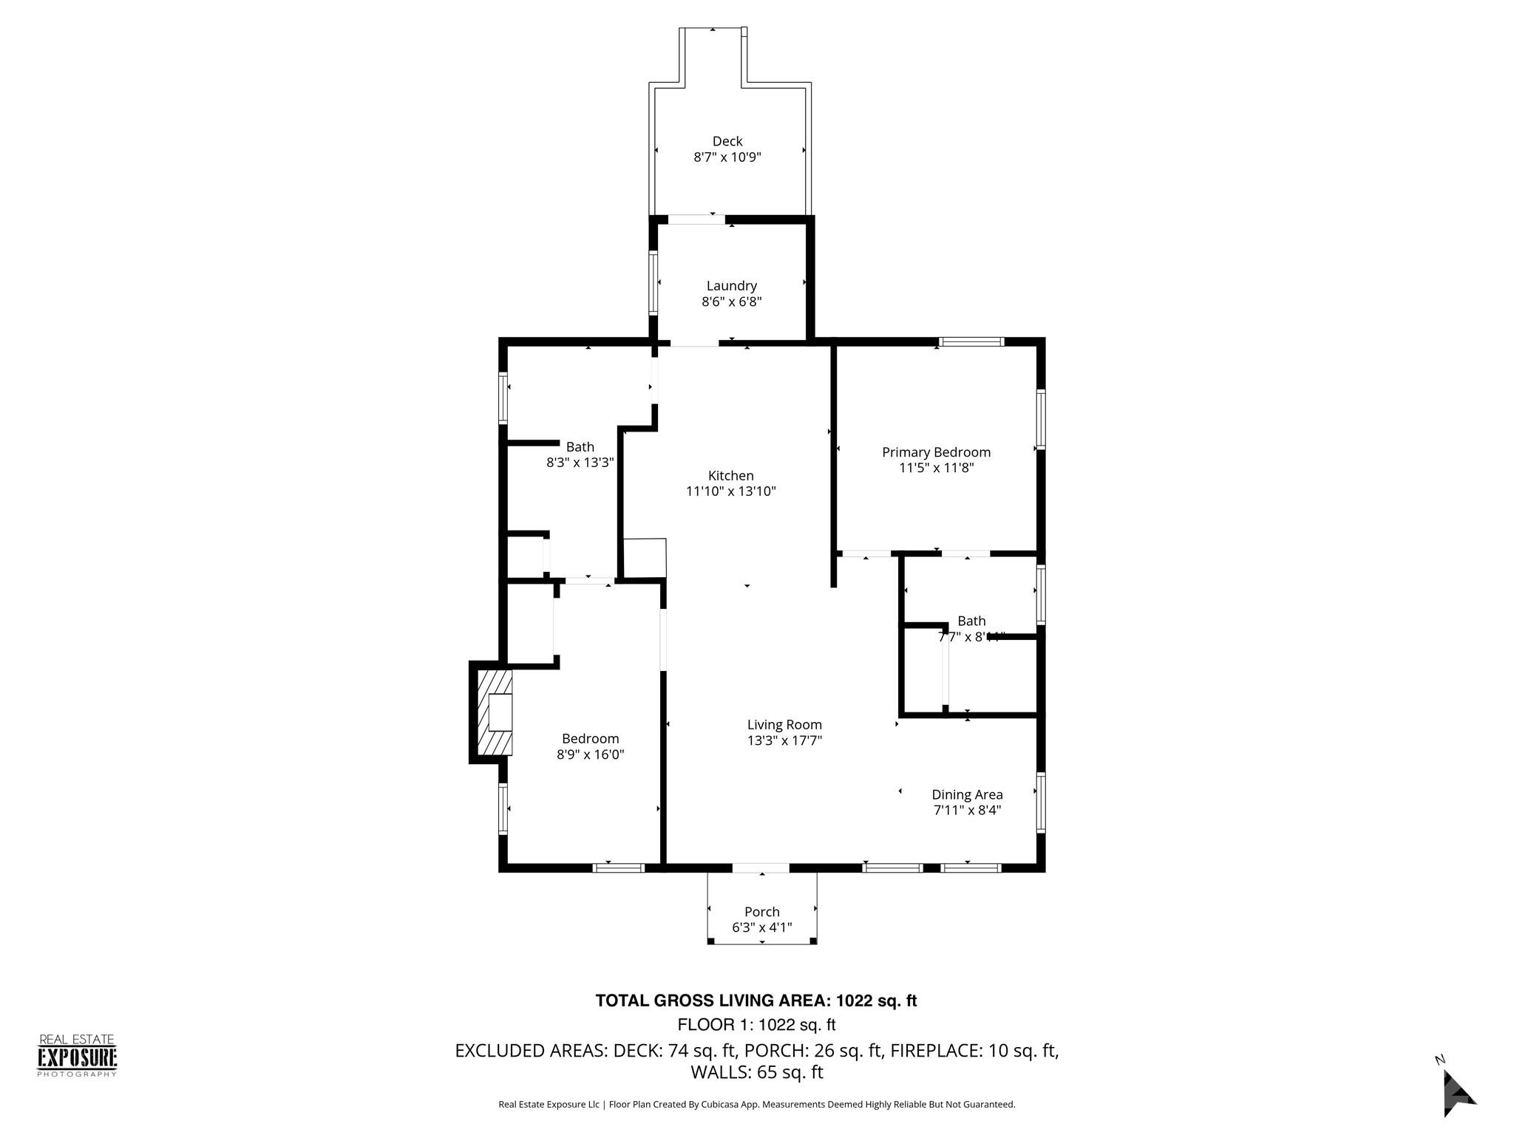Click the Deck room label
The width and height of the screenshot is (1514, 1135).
[727, 141]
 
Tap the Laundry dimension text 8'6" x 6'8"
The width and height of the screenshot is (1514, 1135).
[731, 301]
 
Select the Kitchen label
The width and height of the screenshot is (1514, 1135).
[730, 475]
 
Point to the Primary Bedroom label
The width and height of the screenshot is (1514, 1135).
[936, 452]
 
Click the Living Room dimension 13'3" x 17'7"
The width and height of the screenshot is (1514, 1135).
[784, 740]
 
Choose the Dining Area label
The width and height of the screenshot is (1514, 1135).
[967, 794]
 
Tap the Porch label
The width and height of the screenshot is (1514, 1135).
[761, 911]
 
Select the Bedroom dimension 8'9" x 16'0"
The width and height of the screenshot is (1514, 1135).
[590, 754]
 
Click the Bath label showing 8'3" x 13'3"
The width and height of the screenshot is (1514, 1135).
[580, 447]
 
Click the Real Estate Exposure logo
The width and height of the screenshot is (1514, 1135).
[77, 1055]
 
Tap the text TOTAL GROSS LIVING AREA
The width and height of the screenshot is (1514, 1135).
[713, 1001]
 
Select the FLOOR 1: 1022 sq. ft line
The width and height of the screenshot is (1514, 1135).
[756, 1025]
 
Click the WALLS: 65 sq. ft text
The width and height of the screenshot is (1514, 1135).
[756, 1072]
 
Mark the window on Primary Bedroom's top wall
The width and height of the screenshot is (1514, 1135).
[971, 341]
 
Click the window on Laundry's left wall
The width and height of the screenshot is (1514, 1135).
[654, 283]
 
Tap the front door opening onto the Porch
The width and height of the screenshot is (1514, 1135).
[761, 868]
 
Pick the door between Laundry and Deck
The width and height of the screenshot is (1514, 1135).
[696, 219]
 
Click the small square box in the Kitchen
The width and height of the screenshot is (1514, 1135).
[645, 558]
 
